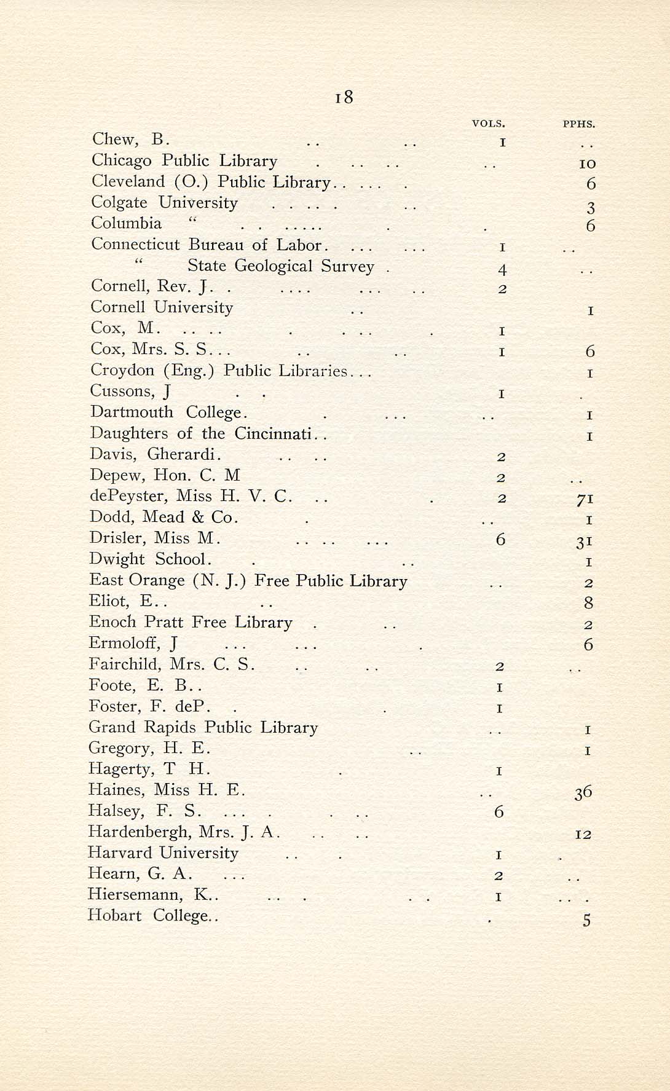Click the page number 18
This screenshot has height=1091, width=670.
coord(344,98)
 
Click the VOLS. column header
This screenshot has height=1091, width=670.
coord(488,124)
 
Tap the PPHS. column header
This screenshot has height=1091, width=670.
coord(579,124)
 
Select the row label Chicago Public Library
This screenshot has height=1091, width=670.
coord(184,161)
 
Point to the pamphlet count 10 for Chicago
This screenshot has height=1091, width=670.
coord(587,164)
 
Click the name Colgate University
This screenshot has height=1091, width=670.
coord(164,203)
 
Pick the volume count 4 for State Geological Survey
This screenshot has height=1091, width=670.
coord(502,269)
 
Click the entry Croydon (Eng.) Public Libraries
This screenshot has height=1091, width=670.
coord(219,371)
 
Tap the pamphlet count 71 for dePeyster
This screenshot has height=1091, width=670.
coord(585,500)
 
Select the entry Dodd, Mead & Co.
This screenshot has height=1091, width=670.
coord(164,517)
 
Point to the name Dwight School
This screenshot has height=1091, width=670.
coord(151,559)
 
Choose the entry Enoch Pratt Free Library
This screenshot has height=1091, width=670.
coord(191,622)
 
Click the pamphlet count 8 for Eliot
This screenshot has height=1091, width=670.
coord(588,603)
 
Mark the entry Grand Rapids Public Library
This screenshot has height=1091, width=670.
coord(203,728)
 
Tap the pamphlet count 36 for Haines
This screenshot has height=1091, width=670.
coord(583,793)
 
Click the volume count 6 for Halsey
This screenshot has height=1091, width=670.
coord(499,813)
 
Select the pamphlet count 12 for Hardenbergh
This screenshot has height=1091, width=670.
coord(583,835)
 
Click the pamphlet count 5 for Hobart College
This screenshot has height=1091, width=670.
coord(587,920)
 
